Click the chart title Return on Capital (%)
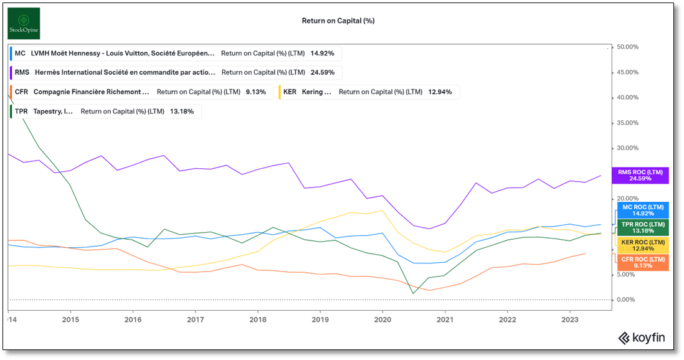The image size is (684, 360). click(x=338, y=21)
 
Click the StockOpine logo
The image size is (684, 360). click(x=24, y=24)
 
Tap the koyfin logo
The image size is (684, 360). click(x=642, y=338)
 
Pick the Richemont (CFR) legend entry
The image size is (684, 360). click(x=141, y=92)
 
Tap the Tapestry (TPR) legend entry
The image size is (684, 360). click(x=105, y=111)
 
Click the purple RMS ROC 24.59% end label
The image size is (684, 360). click(x=640, y=175)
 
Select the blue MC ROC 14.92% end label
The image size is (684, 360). click(x=640, y=210)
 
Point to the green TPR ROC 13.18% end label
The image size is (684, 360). click(x=640, y=227)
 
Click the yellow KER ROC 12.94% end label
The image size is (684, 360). click(x=640, y=245)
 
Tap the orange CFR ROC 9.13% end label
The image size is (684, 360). click(x=640, y=262)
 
